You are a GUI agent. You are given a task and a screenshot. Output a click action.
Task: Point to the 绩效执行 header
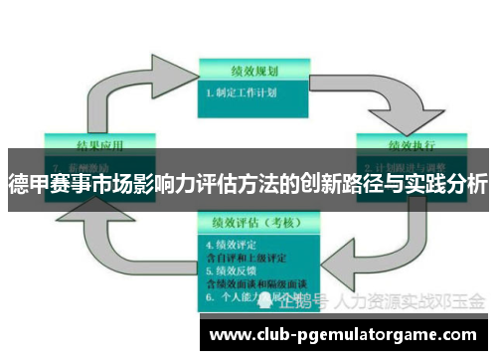tap(408, 140)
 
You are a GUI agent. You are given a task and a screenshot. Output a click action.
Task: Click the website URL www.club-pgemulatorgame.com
tap(344, 335)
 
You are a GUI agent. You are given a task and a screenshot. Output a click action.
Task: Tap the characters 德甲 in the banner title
tap(28, 184)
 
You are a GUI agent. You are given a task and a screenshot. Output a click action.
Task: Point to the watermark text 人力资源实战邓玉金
tap(412, 300)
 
